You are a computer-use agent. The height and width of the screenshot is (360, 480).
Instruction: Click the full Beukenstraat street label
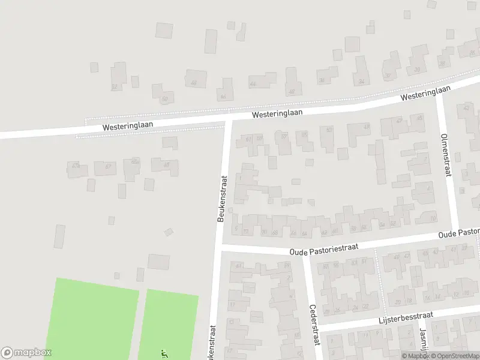click(221, 199)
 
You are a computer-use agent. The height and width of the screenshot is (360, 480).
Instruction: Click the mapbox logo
click(26, 352)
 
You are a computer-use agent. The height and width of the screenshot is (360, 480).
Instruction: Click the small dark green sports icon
click(164, 354)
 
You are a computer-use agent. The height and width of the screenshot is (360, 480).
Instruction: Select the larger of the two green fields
click(93, 318)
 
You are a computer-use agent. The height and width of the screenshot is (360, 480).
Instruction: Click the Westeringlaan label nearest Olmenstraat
click(426, 93)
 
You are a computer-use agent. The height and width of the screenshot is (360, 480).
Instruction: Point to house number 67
click(108, 166)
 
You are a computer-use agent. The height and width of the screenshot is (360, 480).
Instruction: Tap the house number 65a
click(136, 161)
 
